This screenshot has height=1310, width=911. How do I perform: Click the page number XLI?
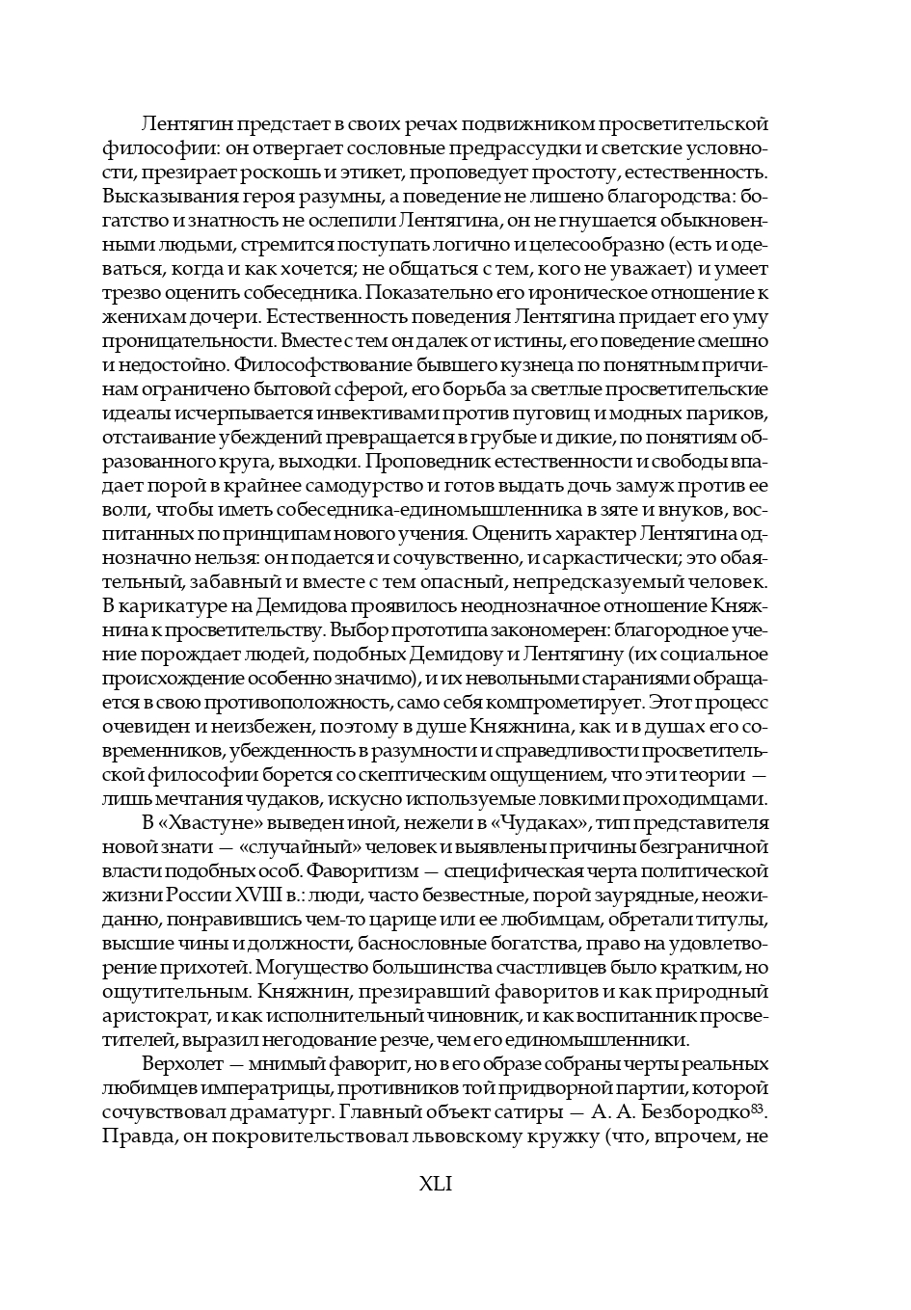coord(436,1185)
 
